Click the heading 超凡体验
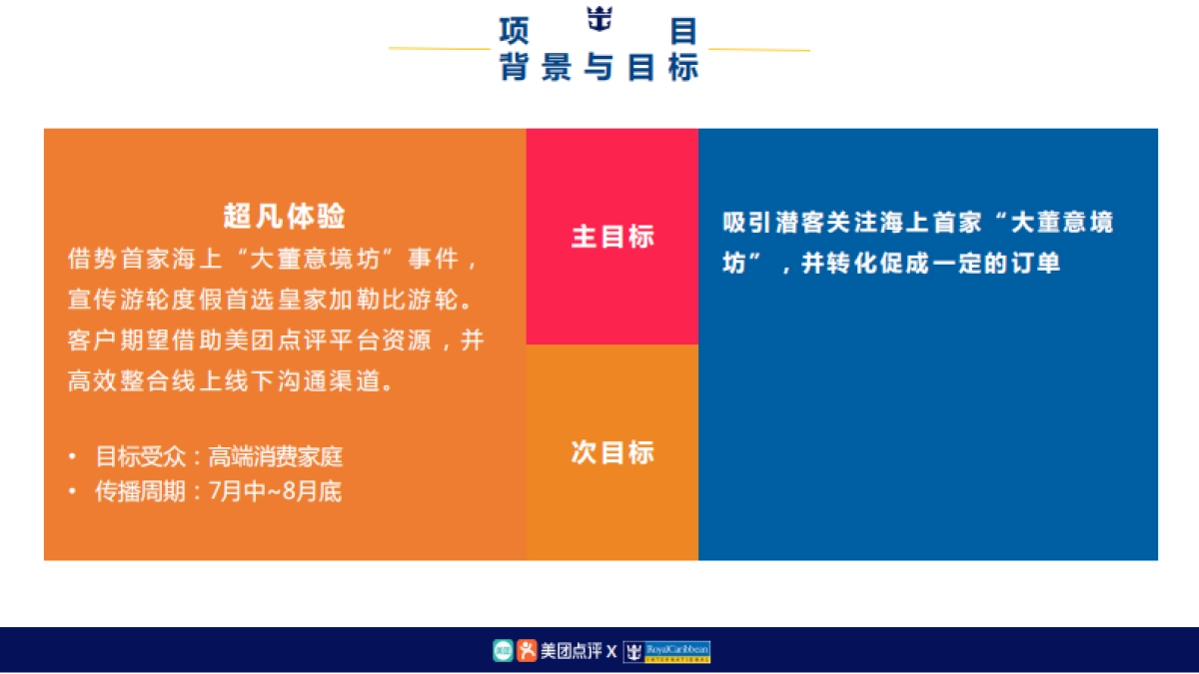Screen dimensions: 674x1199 coord(285,216)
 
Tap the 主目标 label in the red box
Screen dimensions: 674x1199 coord(612,237)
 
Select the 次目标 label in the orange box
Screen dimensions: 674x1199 coord(612,452)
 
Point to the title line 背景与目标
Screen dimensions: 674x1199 coord(599,67)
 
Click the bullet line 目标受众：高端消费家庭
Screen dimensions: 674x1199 coord(219,457)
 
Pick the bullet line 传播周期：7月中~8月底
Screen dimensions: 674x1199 coord(218,491)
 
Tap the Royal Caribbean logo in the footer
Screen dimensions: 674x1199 coord(667,652)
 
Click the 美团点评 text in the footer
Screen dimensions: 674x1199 coord(572,652)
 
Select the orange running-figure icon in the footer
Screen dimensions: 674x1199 coord(527,651)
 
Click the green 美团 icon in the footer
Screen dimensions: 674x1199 coord(503,651)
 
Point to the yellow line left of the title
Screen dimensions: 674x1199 coord(439,48)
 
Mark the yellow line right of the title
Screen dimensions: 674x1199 coord(759,48)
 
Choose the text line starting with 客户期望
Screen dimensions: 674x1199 coord(276,340)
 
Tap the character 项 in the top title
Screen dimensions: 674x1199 coord(513,30)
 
